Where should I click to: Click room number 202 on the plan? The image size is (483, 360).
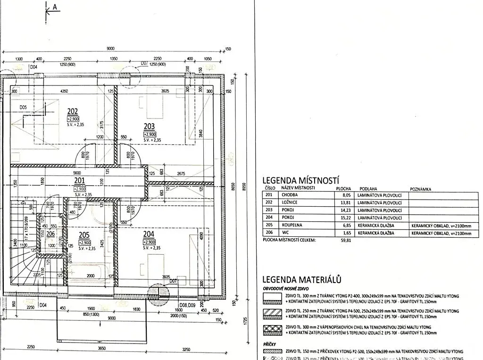73,111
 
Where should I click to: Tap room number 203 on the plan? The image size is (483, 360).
150,126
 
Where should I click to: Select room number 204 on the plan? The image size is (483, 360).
149,234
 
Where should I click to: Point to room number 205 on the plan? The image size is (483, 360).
84,234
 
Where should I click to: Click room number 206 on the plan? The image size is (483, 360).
50,234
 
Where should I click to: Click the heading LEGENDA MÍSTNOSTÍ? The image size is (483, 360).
301,180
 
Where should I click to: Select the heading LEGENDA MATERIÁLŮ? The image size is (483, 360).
301,279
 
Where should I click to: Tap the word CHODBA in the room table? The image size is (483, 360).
290,195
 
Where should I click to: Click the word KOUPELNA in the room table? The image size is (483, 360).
292,226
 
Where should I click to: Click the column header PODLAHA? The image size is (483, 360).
368,188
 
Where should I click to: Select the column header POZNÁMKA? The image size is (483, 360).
421,189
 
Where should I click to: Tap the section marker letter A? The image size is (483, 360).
55,7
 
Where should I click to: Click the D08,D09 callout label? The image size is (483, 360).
187,305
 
